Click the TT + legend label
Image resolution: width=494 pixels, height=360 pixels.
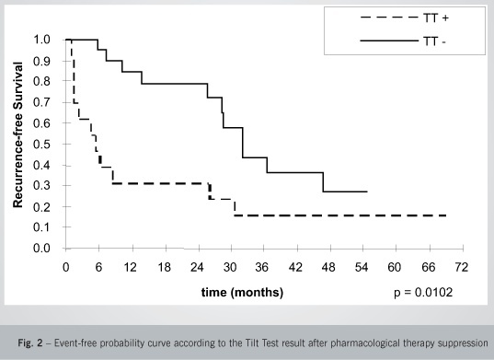coord(436,17)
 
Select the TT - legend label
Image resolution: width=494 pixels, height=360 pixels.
coord(434,41)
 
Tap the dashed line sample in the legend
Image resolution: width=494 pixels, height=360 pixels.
coord(389,17)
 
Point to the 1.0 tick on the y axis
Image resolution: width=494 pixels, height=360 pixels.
coord(41,40)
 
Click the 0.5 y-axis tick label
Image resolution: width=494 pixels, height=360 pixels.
coord(41,144)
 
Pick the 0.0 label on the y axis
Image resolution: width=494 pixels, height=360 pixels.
coord(41,248)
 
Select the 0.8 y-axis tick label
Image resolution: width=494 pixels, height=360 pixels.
coord(41,81)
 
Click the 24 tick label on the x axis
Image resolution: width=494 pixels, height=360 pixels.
coord(197,267)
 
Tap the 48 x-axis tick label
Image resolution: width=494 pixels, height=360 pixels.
coord(328,267)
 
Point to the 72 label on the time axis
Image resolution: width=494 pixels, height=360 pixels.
coord(462,267)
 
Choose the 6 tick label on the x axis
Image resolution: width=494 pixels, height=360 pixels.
coord(98,267)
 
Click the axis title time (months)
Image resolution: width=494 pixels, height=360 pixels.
coord(242,292)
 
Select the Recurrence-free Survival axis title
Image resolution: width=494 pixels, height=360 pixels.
coord(18,135)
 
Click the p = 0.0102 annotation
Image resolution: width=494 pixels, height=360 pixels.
coord(423,292)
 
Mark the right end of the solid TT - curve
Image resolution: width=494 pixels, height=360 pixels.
coord(367,192)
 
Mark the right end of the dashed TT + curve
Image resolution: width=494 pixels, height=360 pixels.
coord(446,215)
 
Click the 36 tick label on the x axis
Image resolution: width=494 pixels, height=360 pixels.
coord(262,267)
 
